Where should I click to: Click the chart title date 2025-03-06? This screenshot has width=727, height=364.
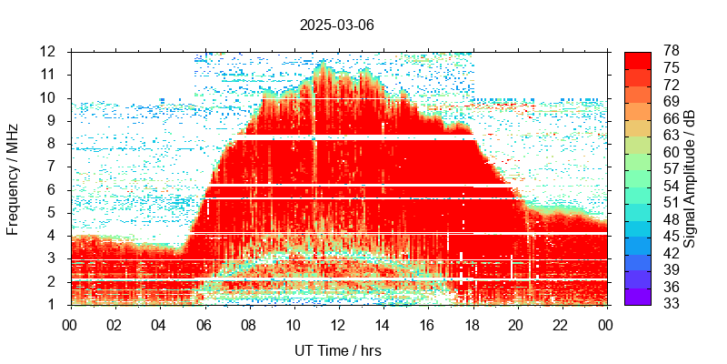pos(336,25)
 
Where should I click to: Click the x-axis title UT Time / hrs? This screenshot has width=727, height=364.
pos(337,349)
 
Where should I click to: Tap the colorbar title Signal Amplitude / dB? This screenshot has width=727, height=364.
pos(690,178)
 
